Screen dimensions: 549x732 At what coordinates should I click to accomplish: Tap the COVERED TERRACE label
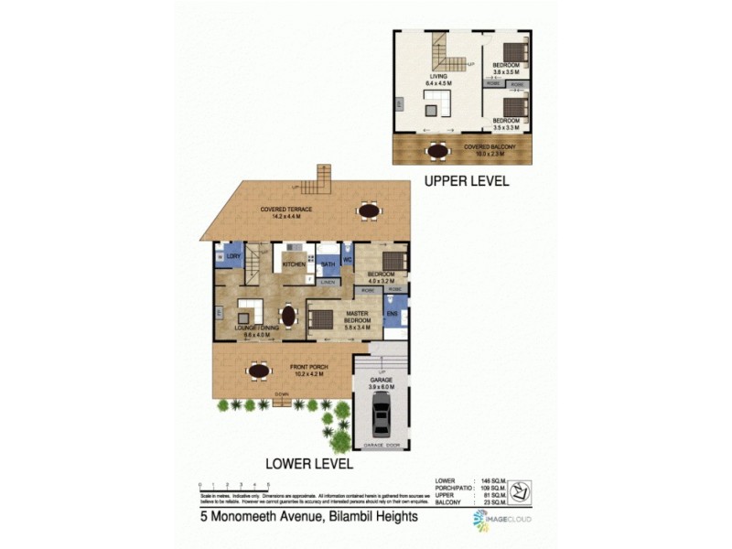click(x=285, y=210)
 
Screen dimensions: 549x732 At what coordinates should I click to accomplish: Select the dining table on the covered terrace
click(x=369, y=211)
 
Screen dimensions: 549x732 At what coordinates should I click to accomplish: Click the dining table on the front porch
click(x=259, y=371)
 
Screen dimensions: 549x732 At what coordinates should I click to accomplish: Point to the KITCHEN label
click(x=293, y=264)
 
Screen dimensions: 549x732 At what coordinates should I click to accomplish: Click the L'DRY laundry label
click(x=234, y=257)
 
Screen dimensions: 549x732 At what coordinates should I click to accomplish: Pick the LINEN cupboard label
click(x=328, y=282)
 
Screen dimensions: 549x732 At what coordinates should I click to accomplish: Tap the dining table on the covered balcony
click(x=439, y=151)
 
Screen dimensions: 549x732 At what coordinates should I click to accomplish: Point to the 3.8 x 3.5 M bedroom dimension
click(x=506, y=71)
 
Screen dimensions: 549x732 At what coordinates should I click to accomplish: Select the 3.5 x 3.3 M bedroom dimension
click(x=506, y=127)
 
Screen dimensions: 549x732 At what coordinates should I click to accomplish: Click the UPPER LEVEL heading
click(x=466, y=181)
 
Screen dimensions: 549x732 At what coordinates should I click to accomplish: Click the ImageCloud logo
click(x=501, y=520)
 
